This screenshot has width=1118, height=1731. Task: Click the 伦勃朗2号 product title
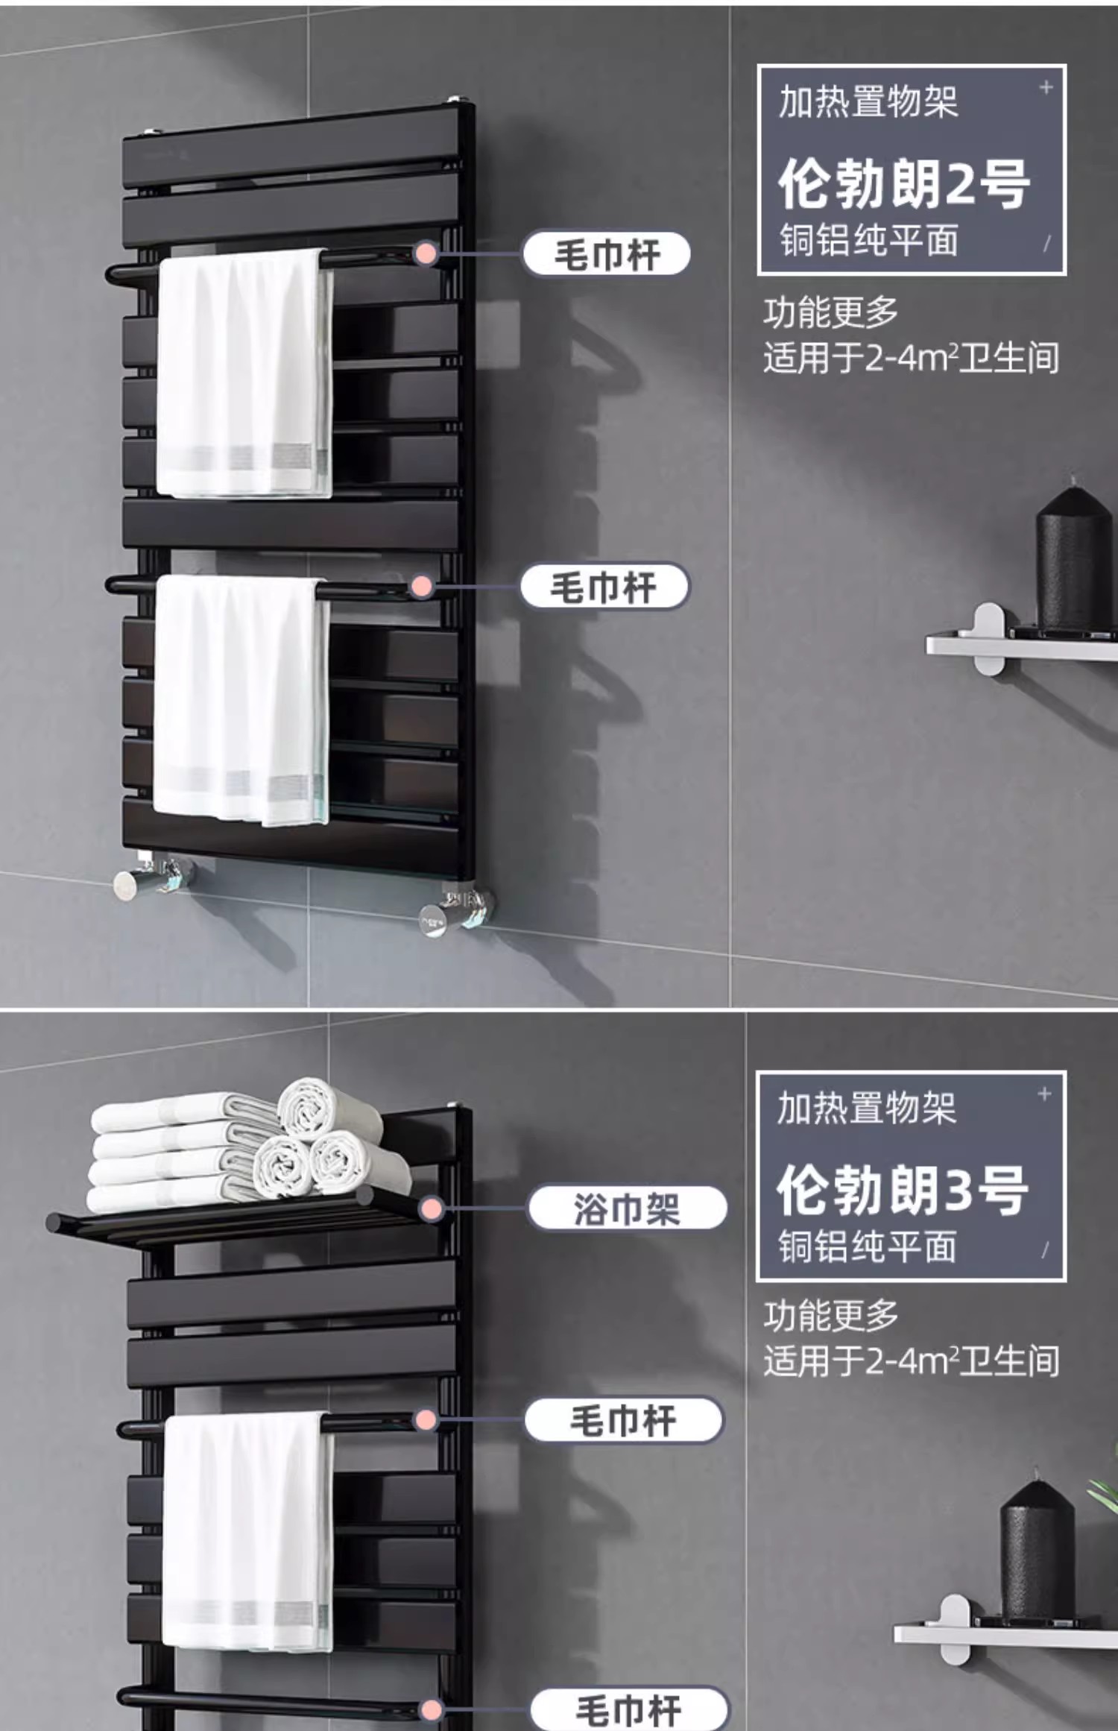pyautogui.click(x=903, y=183)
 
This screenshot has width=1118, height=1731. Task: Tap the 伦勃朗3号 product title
pyautogui.click(x=902, y=1190)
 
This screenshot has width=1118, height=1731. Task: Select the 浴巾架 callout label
pyautogui.click(x=628, y=1208)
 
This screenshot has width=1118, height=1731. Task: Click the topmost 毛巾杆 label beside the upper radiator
pyautogui.click(x=606, y=254)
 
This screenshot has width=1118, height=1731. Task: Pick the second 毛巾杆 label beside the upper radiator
pyautogui.click(x=604, y=587)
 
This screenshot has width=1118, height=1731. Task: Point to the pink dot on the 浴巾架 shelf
pyautogui.click(x=431, y=1209)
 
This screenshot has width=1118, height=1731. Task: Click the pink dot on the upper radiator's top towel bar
pyautogui.click(x=426, y=253)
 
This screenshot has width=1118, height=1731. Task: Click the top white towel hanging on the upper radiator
pyautogui.click(x=244, y=373)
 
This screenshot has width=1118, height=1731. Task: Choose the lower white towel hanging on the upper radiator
pyautogui.click(x=241, y=699)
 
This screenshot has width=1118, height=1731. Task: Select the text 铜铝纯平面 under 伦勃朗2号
pyautogui.click(x=868, y=241)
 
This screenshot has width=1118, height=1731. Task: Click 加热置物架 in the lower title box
pyautogui.click(x=867, y=1107)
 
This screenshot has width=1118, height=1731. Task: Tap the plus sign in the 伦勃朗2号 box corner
pyautogui.click(x=1046, y=88)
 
